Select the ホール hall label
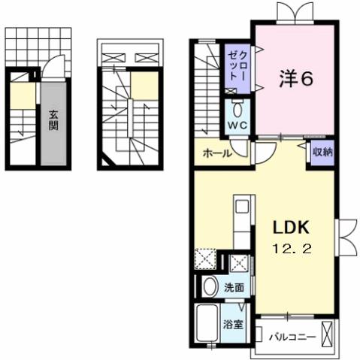click(216, 153)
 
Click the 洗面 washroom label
click(234, 286)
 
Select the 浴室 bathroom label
click(234, 325)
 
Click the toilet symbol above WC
click(237, 104)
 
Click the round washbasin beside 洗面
click(209, 286)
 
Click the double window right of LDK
click(348, 235)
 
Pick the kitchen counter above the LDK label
click(242, 222)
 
